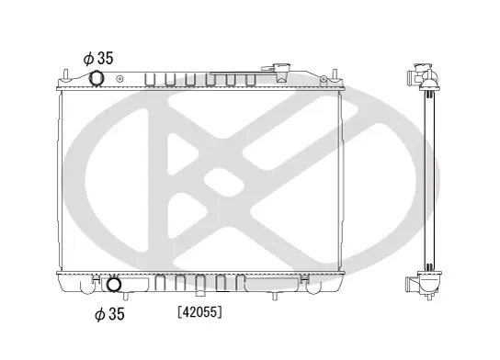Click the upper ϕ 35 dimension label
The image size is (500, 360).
(x=98, y=58)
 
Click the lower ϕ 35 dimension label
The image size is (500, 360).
(x=109, y=314)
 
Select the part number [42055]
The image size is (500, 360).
(x=200, y=312)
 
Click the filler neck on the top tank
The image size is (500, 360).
(x=281, y=73)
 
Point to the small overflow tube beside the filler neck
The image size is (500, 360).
(x=267, y=68)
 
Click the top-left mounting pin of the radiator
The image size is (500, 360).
(x=66, y=74)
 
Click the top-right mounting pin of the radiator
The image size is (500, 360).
(x=335, y=74)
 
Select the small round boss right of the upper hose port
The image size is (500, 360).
(x=119, y=79)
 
